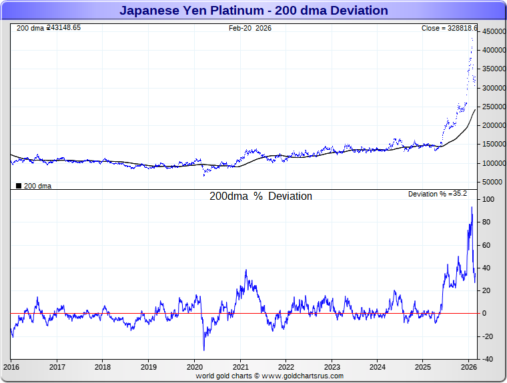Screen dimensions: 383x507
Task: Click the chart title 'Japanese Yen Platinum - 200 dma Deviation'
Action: (253, 11)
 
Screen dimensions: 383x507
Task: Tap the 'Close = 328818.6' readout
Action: (448, 28)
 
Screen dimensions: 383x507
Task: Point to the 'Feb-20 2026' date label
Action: (250, 28)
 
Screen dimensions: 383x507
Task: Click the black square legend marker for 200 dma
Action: (19, 186)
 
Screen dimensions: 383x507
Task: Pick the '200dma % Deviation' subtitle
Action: (261, 196)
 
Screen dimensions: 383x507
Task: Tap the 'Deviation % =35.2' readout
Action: (438, 194)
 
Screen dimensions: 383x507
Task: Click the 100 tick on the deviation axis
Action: (488, 200)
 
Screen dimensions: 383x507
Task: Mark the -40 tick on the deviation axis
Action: (488, 359)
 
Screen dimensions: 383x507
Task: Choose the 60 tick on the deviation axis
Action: (488, 245)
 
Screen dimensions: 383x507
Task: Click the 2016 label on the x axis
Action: (11, 367)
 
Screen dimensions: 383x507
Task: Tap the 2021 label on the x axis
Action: (240, 367)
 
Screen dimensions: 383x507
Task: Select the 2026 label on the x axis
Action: (469, 367)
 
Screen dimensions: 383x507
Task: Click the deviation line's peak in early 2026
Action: (472, 207)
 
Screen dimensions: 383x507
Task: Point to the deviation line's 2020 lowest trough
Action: (203, 350)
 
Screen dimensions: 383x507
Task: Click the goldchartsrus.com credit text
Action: (270, 376)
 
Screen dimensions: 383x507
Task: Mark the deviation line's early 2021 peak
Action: (246, 270)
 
